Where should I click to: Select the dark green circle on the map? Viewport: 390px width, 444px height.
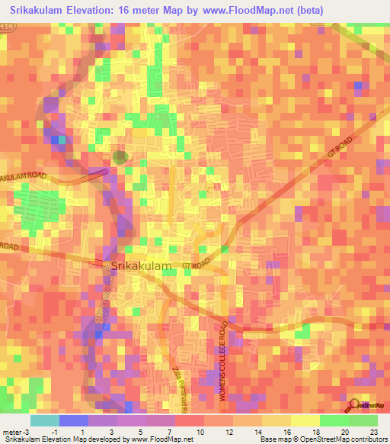click(120, 157)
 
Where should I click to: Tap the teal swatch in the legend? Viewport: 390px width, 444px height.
click(44, 420)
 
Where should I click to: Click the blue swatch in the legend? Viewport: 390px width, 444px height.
click(73, 420)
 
